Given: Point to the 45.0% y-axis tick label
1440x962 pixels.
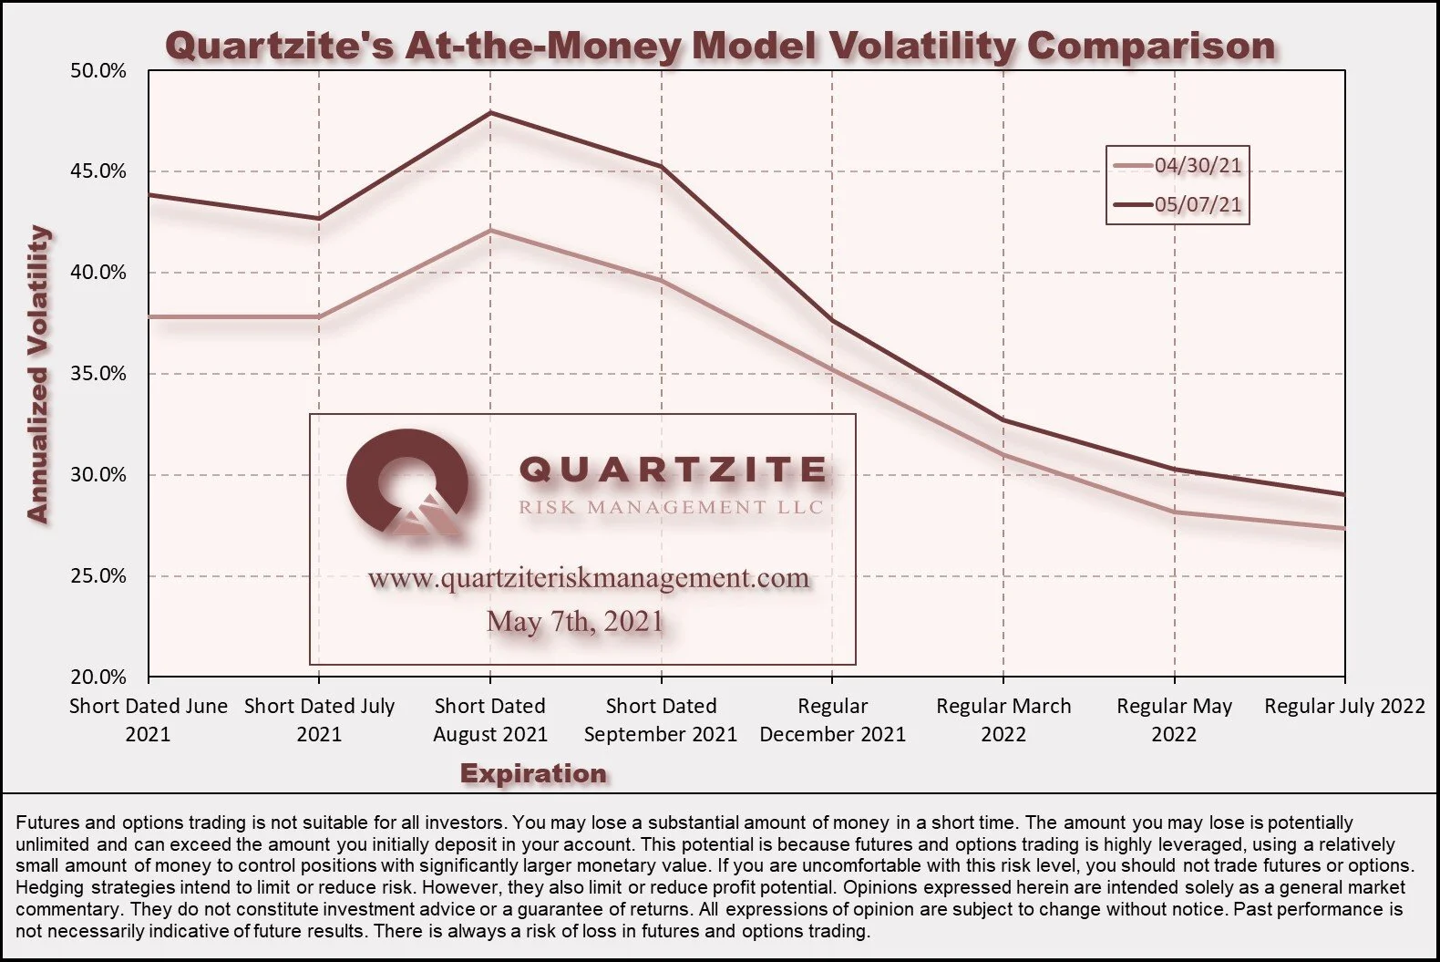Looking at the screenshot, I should pyautogui.click(x=98, y=171).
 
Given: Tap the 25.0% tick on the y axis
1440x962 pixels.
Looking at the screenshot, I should pyautogui.click(x=98, y=576).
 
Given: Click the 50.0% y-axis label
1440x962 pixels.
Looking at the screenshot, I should pyautogui.click(x=98, y=71).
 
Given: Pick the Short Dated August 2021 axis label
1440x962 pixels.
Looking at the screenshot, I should pyautogui.click(x=490, y=719).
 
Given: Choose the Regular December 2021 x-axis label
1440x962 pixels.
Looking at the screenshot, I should pyautogui.click(x=832, y=719).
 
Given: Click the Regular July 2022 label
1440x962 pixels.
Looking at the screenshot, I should pyautogui.click(x=1344, y=706).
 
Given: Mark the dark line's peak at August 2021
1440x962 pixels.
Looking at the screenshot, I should pyautogui.click(x=490, y=112).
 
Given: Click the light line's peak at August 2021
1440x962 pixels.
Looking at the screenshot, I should pyautogui.click(x=490, y=230).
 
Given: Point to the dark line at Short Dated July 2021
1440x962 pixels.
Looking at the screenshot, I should pyautogui.click(x=319, y=218).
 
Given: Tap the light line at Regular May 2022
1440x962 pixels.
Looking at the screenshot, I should pyautogui.click(x=1174, y=512).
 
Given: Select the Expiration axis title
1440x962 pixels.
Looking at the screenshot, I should pyautogui.click(x=533, y=773).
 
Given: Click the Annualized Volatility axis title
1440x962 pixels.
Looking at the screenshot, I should pyautogui.click(x=37, y=374).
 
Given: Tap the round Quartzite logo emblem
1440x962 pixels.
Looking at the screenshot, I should pyautogui.click(x=407, y=481).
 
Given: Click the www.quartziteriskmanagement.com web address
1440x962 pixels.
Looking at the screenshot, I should pyautogui.click(x=588, y=578).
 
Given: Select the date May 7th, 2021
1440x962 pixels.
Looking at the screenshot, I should pyautogui.click(x=574, y=621).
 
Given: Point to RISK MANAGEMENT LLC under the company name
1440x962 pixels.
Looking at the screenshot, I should pyautogui.click(x=671, y=507).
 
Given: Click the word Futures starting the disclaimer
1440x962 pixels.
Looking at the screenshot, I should pyautogui.click(x=44, y=822).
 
